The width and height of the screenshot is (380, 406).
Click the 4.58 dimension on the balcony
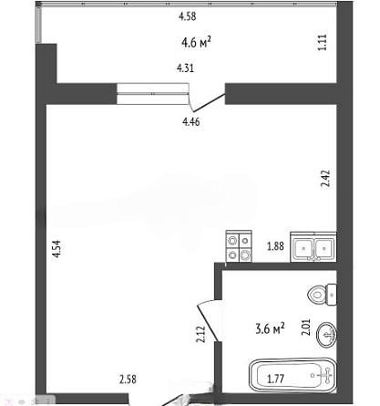[x=188, y=16]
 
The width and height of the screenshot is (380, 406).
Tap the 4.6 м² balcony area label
[x=196, y=42]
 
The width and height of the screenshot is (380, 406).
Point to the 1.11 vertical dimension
[x=322, y=42]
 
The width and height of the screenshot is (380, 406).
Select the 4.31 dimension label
[x=185, y=68]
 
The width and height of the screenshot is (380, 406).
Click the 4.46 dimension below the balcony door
[x=191, y=121]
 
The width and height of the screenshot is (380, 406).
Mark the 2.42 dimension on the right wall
[x=325, y=179]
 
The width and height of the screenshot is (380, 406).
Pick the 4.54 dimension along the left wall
[x=56, y=249]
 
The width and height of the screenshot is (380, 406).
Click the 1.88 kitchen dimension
[x=275, y=245]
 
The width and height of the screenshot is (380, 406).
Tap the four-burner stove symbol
[x=239, y=246]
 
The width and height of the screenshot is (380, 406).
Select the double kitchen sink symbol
[x=313, y=247]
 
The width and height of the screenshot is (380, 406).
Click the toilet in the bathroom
[x=322, y=295]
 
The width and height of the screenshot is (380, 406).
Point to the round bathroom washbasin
[x=326, y=335]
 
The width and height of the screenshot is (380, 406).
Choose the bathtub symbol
[x=293, y=375]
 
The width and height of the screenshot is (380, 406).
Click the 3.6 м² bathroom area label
[x=270, y=328]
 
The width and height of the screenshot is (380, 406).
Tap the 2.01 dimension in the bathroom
[x=306, y=327]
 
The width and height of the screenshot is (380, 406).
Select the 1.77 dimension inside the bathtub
[x=275, y=379]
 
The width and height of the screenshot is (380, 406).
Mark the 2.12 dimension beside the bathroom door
[x=200, y=334]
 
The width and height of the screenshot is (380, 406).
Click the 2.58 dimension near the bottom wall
[x=128, y=380]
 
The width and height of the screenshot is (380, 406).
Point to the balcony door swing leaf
[x=210, y=103]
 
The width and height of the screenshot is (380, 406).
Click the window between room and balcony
[x=153, y=94]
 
